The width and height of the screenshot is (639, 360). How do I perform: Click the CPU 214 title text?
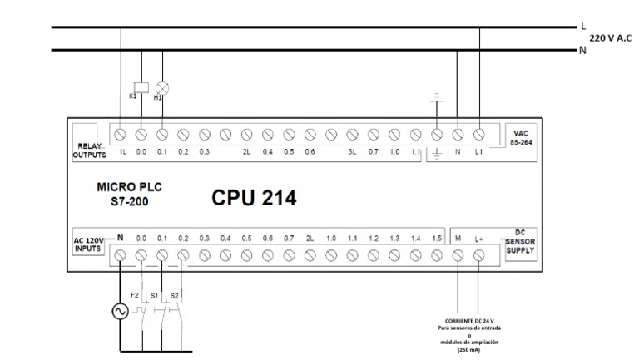(x=253, y=199)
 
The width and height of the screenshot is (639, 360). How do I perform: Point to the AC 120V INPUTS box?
(x=86, y=245)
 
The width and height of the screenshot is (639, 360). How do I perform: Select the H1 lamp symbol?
(x=162, y=86)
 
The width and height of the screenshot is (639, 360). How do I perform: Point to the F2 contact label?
(x=134, y=295)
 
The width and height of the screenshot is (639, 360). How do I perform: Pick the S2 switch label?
(x=175, y=295)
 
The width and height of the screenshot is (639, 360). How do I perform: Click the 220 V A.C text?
(x=612, y=38)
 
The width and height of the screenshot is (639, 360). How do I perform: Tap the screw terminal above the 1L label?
(x=121, y=133)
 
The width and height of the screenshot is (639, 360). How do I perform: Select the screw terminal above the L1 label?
(x=478, y=133)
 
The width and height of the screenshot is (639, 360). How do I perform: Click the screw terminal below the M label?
(x=458, y=257)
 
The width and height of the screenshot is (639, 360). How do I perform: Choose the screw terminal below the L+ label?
(x=479, y=257)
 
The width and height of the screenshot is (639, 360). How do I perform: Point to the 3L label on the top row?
(x=352, y=152)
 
